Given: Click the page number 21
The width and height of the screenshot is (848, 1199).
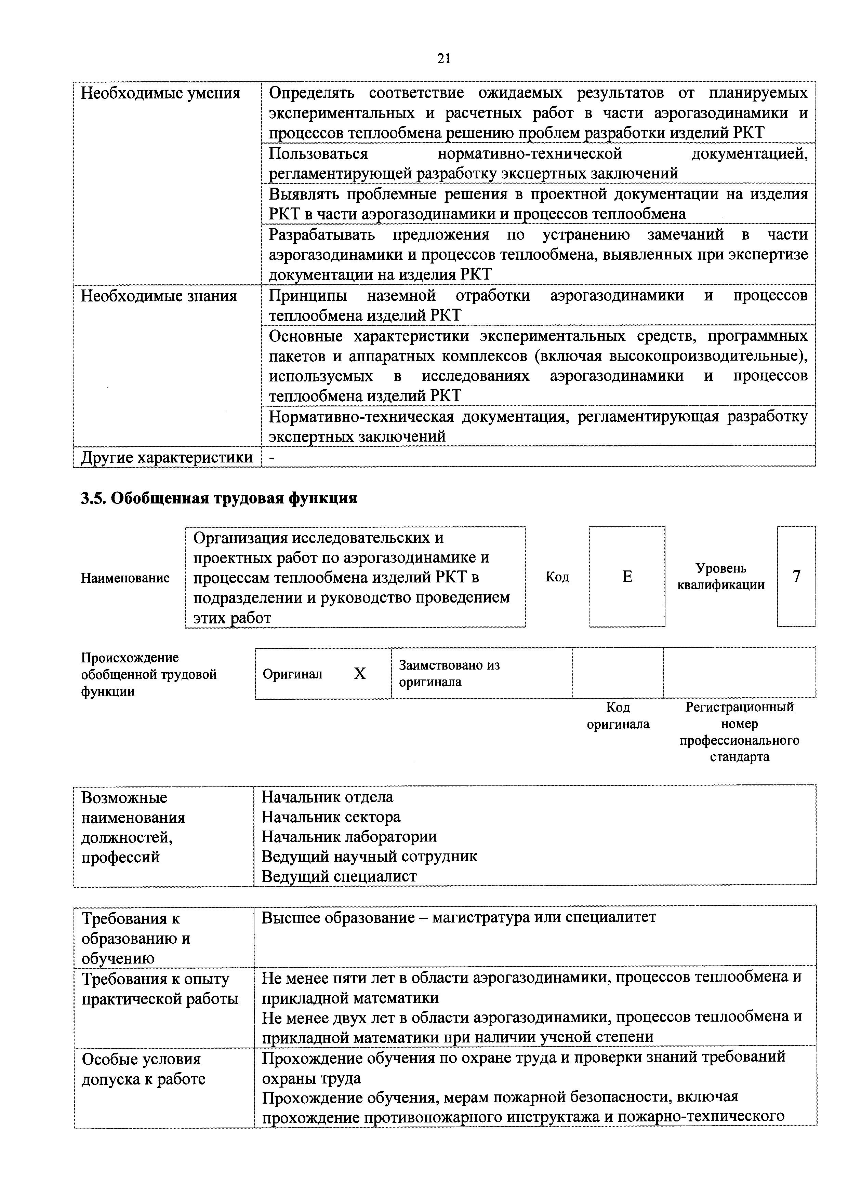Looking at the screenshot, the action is (x=443, y=58).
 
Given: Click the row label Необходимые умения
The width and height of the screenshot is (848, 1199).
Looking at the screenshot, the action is (x=160, y=93).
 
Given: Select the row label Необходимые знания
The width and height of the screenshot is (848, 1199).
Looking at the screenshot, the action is (x=159, y=296).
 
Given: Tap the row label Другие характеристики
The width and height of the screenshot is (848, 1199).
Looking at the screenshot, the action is (x=167, y=457).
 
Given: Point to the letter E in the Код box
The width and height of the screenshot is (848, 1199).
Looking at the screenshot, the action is (x=627, y=577).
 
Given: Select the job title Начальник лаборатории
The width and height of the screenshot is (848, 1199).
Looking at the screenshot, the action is (x=349, y=837).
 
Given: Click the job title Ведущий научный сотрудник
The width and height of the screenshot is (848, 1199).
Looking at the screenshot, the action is (x=369, y=857).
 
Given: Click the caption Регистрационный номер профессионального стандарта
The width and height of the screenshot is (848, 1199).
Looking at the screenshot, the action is (x=739, y=732).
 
